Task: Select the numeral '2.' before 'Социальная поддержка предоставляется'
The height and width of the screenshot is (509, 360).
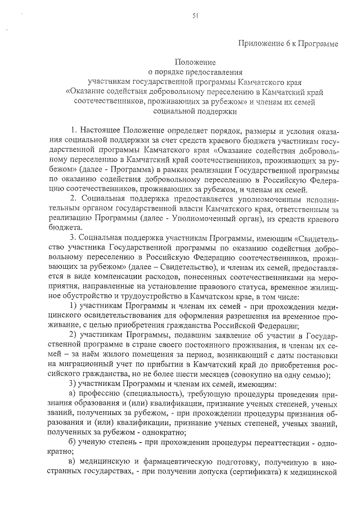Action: coord(72,199)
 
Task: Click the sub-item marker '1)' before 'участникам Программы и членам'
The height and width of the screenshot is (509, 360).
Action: coord(73,305)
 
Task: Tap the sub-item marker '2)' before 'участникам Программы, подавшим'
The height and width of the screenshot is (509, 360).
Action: coord(73,335)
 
